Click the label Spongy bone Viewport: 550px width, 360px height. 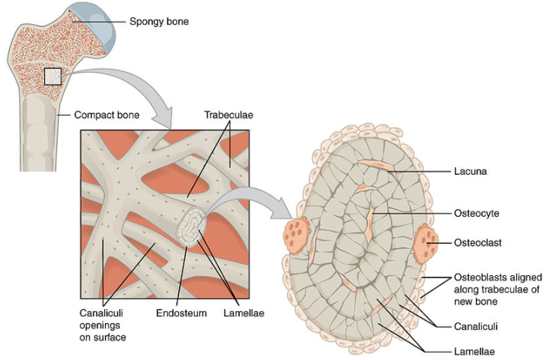[x=159, y=22]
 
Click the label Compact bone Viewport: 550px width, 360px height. [x=105, y=115]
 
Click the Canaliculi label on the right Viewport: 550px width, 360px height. [x=476, y=326]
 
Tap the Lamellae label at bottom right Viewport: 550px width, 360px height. [x=474, y=350]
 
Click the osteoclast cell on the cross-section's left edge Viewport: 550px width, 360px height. [x=296, y=235]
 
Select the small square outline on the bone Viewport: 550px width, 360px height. [x=52, y=76]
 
